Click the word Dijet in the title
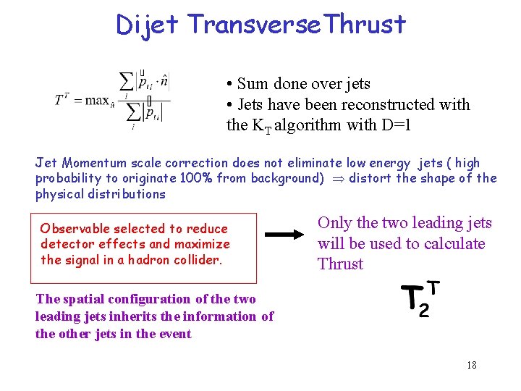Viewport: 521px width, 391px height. click(147, 25)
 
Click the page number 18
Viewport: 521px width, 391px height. click(471, 365)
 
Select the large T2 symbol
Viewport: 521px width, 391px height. click(420, 299)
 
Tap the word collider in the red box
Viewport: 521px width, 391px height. click(196, 260)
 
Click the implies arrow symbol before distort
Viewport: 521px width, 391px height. click(336, 179)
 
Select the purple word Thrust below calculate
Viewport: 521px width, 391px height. click(340, 264)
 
